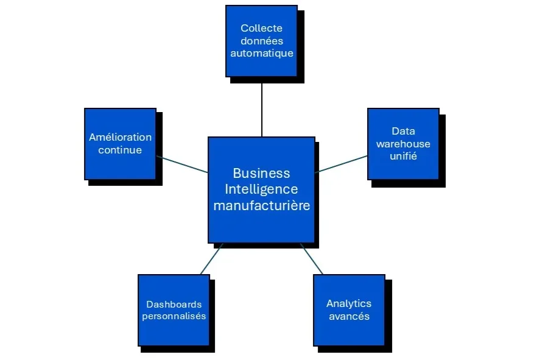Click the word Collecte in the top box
coord(261,28)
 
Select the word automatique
coord(261,53)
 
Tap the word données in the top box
coord(261,40)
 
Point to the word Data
coord(403,131)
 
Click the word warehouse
coord(403,144)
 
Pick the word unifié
coord(403,157)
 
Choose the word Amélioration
coord(120,137)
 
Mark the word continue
coord(120,150)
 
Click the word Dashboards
coord(174,304)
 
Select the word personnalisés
coord(174,316)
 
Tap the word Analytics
coord(349,303)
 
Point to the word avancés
coord(349,316)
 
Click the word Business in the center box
coord(261,174)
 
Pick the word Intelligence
coord(261,189)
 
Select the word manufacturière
coord(261,205)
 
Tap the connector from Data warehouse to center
coord(342,163)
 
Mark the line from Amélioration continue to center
coord(181,164)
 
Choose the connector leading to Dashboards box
coord(211,259)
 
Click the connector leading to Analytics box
coord(312,259)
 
